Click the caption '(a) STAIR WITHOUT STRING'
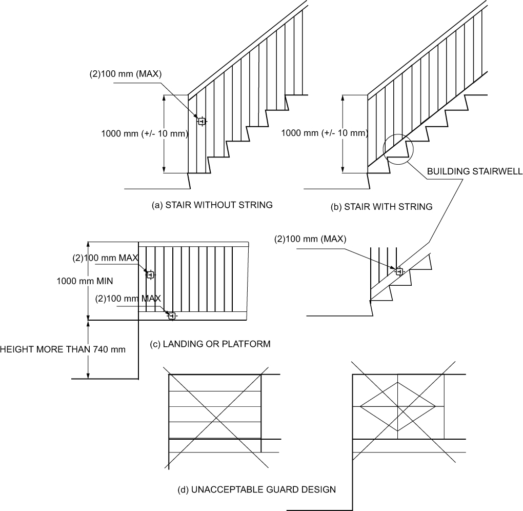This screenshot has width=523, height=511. (212, 205)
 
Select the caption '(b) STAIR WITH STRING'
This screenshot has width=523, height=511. (382, 207)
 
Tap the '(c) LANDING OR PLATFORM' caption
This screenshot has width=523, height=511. (210, 343)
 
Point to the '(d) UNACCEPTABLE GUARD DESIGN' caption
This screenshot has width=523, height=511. (256, 489)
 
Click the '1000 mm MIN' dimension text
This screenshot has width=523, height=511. (85, 281)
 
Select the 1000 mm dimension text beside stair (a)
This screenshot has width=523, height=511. (145, 133)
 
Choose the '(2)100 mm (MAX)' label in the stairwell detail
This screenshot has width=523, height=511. (311, 239)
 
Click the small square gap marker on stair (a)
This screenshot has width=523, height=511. (202, 122)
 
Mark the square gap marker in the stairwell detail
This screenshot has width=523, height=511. (399, 271)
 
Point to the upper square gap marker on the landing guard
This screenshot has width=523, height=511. (150, 275)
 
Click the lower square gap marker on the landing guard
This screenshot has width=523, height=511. (172, 316)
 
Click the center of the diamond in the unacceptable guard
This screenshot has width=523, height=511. (398, 407)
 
